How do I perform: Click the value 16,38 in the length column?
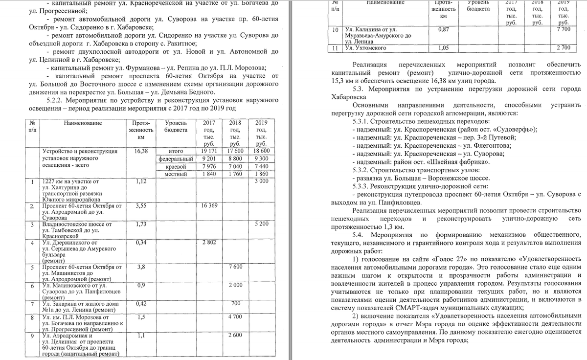[x=140, y=152]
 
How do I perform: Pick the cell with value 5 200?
[x=262, y=224]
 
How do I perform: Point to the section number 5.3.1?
[x=362, y=121]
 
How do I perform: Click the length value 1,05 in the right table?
[x=444, y=48]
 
